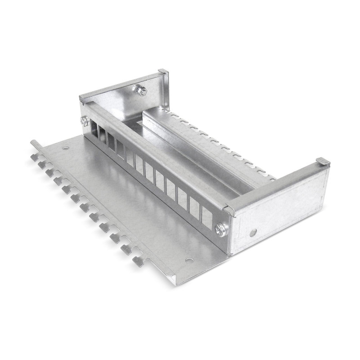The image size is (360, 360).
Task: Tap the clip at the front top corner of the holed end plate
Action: pyautogui.click(x=229, y=210)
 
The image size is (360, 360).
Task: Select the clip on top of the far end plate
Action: pyautogui.click(x=163, y=72)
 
